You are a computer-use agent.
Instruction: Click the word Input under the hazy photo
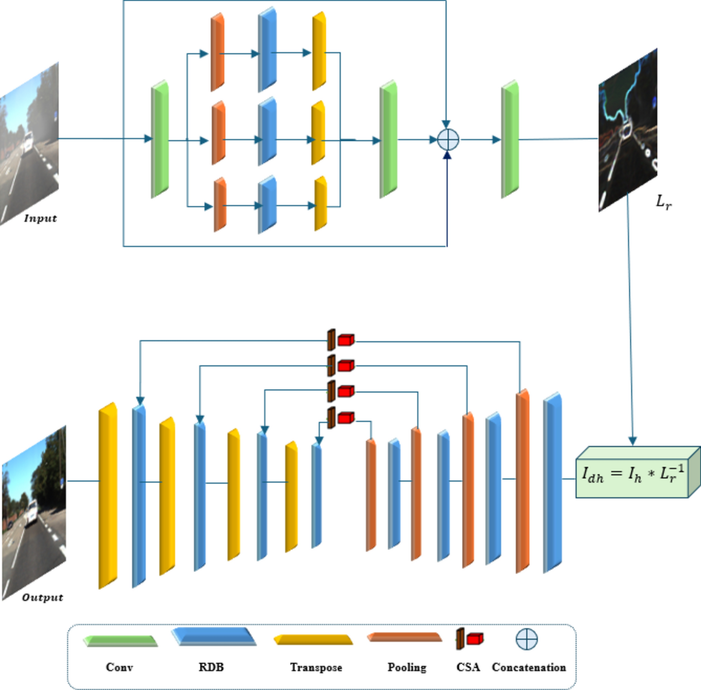click(40, 218)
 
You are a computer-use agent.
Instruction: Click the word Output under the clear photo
click(42, 597)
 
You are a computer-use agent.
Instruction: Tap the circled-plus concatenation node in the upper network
click(448, 140)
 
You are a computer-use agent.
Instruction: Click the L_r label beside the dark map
click(663, 202)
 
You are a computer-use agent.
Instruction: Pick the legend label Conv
click(119, 667)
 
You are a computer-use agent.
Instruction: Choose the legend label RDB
click(211, 667)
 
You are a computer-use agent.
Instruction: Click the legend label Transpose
click(316, 667)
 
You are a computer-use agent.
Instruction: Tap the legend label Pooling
click(407, 667)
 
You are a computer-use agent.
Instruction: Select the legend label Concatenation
click(529, 667)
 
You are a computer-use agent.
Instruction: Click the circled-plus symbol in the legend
click(527, 640)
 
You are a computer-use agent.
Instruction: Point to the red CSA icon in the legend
click(474, 639)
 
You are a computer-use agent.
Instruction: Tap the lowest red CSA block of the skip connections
click(345, 418)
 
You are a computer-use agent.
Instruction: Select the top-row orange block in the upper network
click(217, 52)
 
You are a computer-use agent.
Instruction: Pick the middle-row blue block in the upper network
click(267, 132)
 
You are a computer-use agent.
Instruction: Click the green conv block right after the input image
click(160, 139)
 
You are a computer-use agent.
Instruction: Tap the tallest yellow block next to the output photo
click(108, 496)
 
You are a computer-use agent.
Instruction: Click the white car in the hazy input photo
click(28, 142)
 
